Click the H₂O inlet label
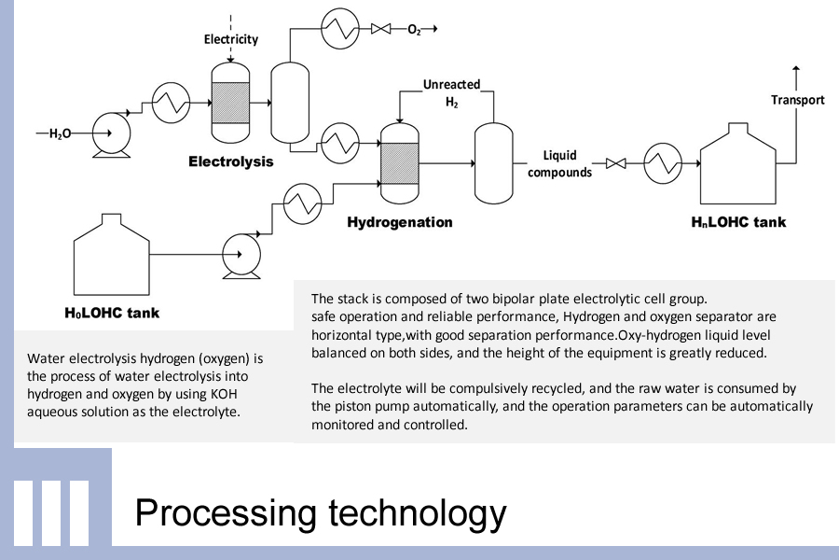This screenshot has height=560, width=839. click(60, 133)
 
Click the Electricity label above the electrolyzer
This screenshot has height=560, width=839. click(231, 39)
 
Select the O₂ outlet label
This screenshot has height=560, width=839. click(414, 30)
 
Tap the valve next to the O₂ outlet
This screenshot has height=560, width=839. click(380, 30)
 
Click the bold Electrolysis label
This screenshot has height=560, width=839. click(231, 161)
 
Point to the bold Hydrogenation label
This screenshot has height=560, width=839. click(400, 222)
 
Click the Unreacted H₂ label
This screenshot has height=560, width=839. click(451, 92)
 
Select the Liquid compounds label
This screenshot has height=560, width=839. click(559, 163)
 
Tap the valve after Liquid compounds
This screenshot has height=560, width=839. click(615, 164)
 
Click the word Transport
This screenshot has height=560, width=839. click(797, 100)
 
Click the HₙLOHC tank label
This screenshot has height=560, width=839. click(738, 222)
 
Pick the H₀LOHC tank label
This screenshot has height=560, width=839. click(112, 312)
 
